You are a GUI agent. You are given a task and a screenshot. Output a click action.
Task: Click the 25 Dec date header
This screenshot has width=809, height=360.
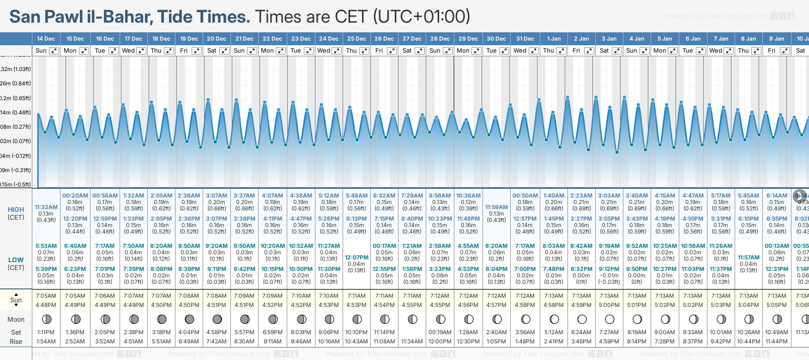coord(356,39)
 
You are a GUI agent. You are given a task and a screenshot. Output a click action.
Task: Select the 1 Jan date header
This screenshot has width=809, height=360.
coord(554,39)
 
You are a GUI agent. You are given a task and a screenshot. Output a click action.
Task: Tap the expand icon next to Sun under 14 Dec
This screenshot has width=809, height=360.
coord(54,51)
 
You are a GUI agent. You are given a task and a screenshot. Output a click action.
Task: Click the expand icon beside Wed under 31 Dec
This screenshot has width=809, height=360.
coord(533,51)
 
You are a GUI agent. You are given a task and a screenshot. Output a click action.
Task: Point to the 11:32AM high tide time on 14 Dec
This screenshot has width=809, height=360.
coord(46,207)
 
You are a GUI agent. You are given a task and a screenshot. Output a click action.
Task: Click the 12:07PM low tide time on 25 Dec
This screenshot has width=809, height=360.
coord(356,258)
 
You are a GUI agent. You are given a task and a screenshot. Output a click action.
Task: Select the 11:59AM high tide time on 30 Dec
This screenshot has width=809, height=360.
coord(496,207)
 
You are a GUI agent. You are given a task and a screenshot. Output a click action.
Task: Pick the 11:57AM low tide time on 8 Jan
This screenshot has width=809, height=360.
coord(749,258)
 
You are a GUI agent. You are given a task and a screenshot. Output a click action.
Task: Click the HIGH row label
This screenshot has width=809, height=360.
coord(16,210)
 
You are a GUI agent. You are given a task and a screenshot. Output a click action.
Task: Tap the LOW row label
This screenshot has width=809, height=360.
coord(16,260)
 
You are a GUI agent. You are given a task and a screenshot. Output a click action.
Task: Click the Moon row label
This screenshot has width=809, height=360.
coord(16,319)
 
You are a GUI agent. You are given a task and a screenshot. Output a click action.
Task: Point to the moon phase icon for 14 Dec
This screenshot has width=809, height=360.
coord(46,319)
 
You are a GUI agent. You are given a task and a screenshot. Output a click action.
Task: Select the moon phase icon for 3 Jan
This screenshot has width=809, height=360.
coord(610,319)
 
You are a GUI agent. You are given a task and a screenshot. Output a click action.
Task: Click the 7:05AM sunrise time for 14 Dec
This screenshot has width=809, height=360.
coord(46,296)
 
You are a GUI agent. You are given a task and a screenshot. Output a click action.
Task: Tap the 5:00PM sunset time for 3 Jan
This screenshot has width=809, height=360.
coord(609,305)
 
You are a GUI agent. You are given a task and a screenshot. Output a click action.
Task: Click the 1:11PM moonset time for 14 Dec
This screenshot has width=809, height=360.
coord(46,332)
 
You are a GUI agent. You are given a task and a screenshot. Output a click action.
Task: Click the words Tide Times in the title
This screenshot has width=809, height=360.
coord(203,17)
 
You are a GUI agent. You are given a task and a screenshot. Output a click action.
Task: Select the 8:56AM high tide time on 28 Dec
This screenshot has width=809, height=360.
coord(440,196)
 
